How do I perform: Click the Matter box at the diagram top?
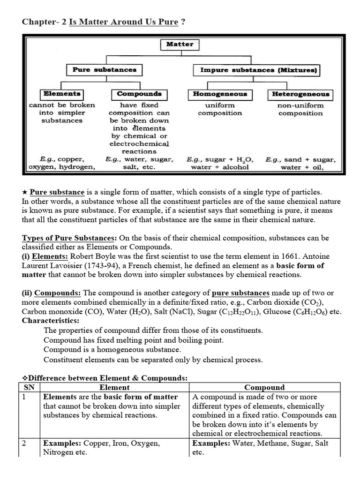coord(180,44)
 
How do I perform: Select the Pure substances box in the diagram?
coord(104,70)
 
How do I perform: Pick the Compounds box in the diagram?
coord(139,94)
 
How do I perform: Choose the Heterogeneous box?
coord(301,94)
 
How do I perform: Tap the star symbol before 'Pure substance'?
coord(25,192)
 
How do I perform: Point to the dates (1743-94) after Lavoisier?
coord(97,265)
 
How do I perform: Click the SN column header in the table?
coord(29,387)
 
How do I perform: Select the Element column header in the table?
coord(114,387)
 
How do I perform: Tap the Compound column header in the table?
coord(264,387)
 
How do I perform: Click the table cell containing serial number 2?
coord(28,443)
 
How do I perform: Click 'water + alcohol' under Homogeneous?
coord(220,167)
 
